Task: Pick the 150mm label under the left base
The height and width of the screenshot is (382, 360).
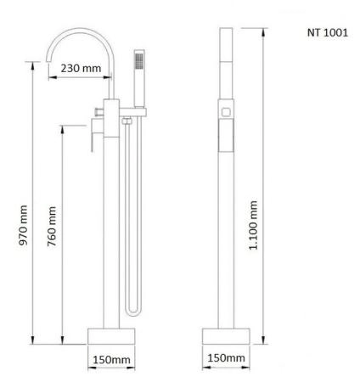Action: coord(111,360)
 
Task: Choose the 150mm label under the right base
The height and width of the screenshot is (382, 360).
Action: coord(224,359)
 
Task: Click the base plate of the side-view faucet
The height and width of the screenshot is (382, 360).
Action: coord(225,334)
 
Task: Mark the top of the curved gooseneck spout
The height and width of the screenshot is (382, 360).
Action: coord(79,31)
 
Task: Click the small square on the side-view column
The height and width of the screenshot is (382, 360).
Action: coord(226,111)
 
